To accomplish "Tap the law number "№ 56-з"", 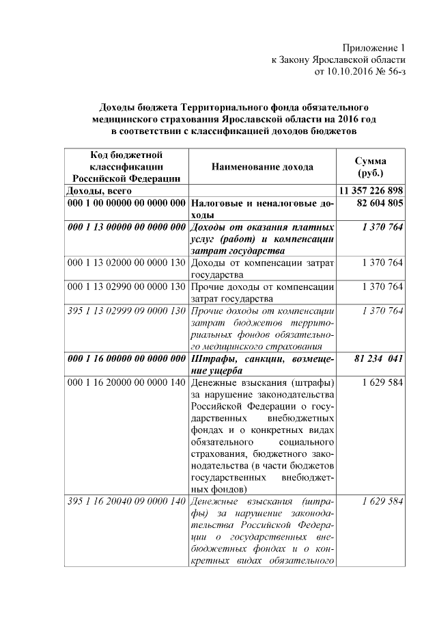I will click(x=391, y=71).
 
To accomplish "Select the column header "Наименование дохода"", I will click(x=262, y=166).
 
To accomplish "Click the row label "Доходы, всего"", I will click(x=99, y=191).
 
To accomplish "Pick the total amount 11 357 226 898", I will click(x=371, y=191).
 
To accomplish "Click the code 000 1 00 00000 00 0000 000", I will click(x=126, y=203).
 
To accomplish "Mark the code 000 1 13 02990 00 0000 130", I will click(x=126, y=287).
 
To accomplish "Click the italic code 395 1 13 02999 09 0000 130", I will click(x=126, y=311).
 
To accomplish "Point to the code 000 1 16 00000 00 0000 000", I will click(x=126, y=358).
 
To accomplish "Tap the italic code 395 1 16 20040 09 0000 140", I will click(x=126, y=501).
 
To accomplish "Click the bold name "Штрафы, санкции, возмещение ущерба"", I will click(x=262, y=363).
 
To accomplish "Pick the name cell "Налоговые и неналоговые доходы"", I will click(x=262, y=209).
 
